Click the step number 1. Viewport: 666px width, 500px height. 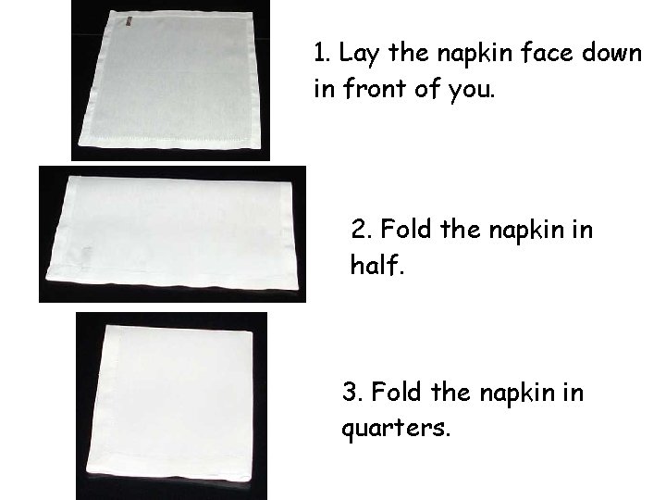coord(319,54)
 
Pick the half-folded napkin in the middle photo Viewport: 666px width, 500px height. coord(171,235)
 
